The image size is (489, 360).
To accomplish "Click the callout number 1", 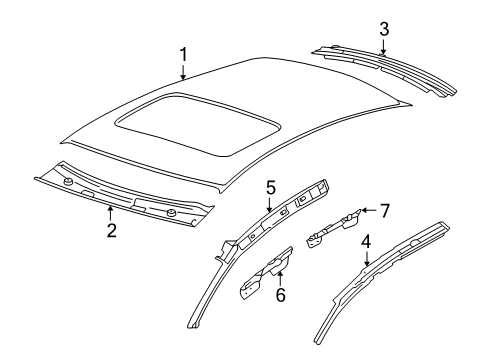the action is click(x=183, y=55).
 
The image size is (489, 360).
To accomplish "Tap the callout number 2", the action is click(x=112, y=230).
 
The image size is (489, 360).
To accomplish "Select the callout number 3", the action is click(x=384, y=29).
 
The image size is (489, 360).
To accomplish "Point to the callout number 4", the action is click(x=366, y=242).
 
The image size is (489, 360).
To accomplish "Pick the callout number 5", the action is click(x=271, y=188).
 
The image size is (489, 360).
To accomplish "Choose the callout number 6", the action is click(x=281, y=295).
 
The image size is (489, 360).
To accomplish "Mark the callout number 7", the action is click(x=385, y=211).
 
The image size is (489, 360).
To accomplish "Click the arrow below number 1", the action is click(x=183, y=72).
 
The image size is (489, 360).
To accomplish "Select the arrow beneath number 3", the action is click(x=384, y=46).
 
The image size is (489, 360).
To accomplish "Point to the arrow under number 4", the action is click(x=366, y=259).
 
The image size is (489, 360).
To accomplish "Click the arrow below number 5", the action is click(x=270, y=204).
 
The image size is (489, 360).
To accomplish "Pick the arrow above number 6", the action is click(x=280, y=278).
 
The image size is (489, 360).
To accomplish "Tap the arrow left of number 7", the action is click(x=369, y=210).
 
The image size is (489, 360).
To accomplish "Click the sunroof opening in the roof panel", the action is click(x=197, y=124).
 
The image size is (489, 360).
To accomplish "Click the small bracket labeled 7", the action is click(x=333, y=229).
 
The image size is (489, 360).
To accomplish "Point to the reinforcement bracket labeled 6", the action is click(x=265, y=273).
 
